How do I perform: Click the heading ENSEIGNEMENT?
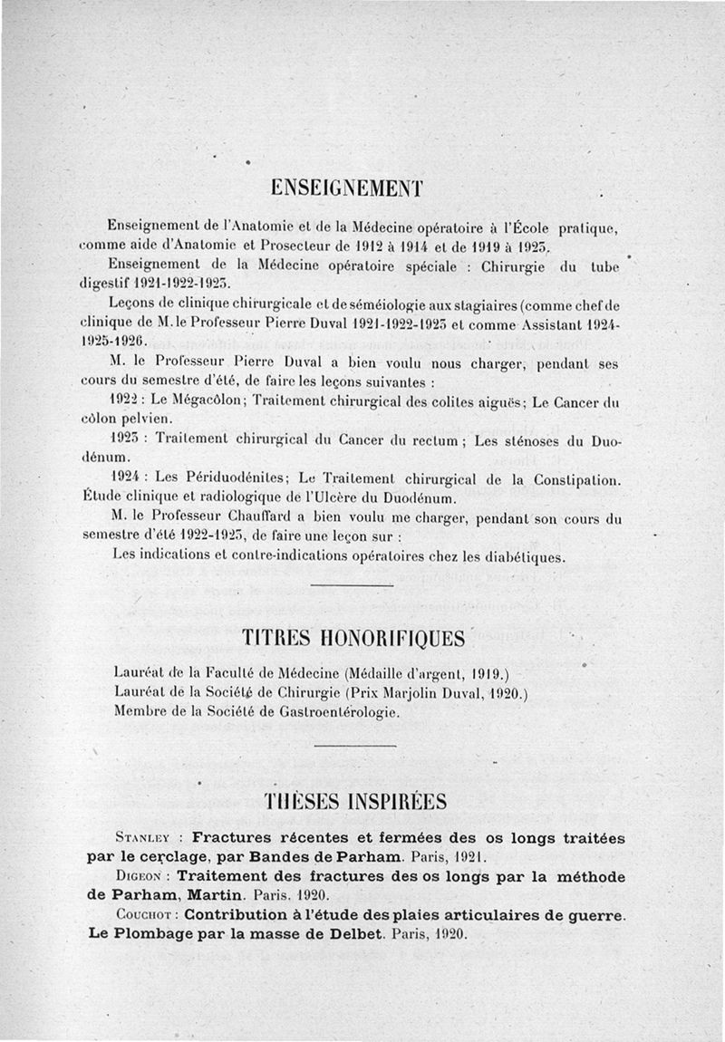point(347,188)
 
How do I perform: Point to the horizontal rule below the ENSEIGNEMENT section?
point(351,586)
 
